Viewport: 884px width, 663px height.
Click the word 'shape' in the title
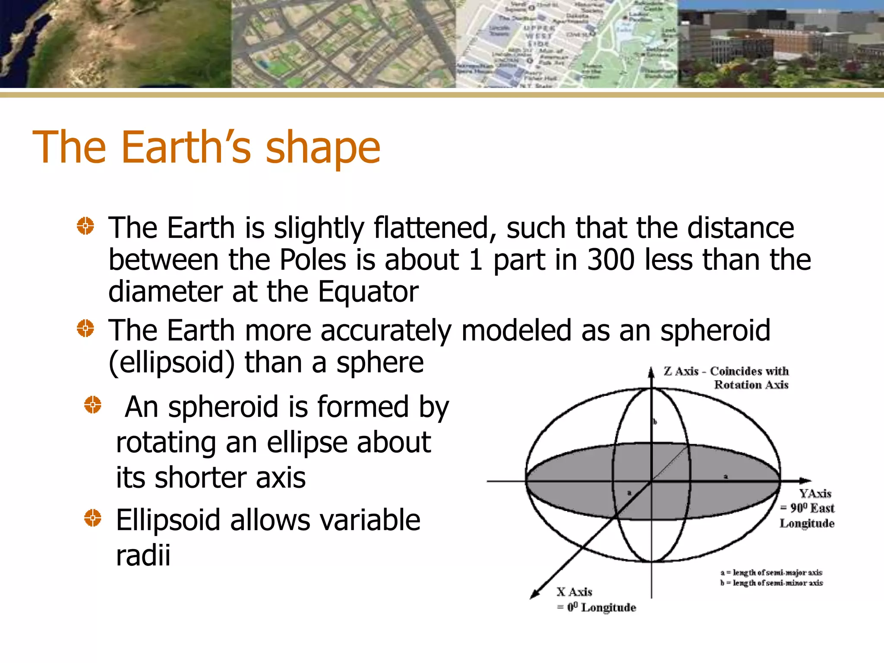(x=322, y=148)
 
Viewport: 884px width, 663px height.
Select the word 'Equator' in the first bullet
(x=368, y=292)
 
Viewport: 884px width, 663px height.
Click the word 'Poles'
(x=313, y=260)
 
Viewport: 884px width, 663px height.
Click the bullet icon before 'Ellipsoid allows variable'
(x=92, y=518)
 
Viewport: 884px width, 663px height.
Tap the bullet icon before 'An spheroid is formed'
(x=92, y=405)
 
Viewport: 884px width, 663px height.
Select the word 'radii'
(x=143, y=555)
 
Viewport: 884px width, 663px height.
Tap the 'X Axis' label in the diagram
(x=574, y=592)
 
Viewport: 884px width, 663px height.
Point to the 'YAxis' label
(x=815, y=493)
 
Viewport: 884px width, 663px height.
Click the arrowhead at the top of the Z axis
(x=651, y=372)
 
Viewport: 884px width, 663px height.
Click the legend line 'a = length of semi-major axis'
(x=771, y=572)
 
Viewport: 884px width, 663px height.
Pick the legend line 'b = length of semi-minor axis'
(x=771, y=583)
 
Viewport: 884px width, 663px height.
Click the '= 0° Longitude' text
(x=596, y=607)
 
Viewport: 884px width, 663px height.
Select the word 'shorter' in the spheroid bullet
(x=200, y=478)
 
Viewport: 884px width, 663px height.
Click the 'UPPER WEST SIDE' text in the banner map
(x=537, y=35)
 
